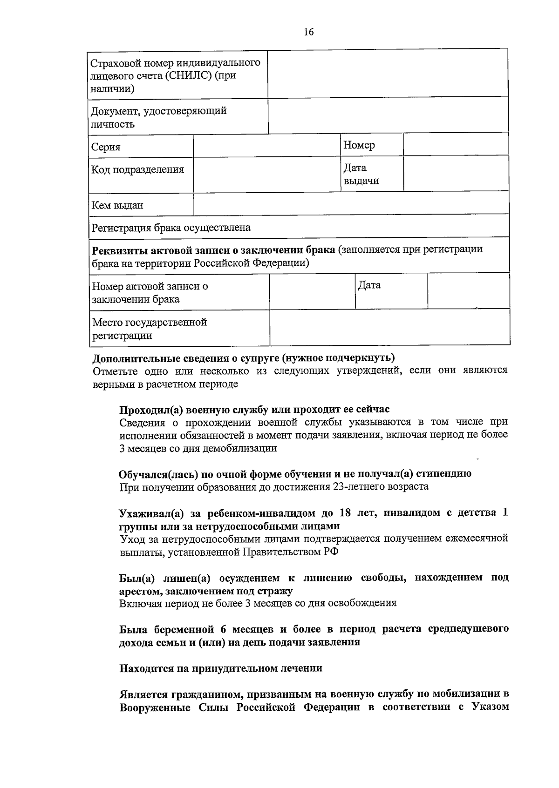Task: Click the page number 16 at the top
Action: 309,32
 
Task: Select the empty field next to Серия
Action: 267,146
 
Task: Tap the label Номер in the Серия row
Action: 359,145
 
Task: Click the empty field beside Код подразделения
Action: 267,174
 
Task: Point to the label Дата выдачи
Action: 361,174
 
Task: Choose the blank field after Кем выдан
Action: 351,203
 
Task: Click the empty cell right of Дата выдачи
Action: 456,174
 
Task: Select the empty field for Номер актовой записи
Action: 312,292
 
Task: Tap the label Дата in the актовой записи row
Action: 369,285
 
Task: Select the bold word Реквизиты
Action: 120,250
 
